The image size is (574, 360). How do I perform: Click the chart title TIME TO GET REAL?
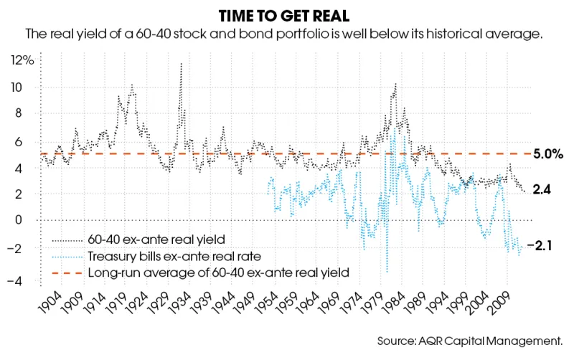[287, 15]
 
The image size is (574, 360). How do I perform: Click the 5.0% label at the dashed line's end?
[548, 154]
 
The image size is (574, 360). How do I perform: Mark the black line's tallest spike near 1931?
[181, 63]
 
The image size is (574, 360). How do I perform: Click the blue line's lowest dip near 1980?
[387, 273]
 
